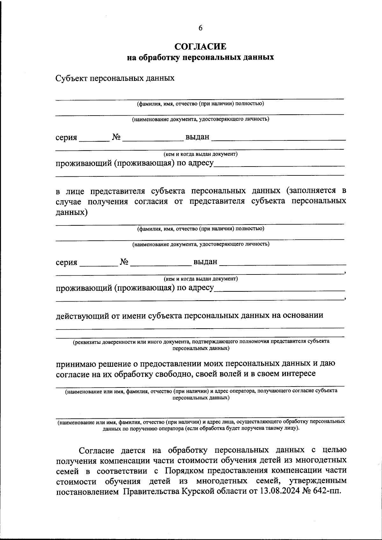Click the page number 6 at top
(200, 28)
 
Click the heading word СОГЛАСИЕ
(201, 46)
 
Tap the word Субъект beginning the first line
(71, 78)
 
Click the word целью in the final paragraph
(334, 450)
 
